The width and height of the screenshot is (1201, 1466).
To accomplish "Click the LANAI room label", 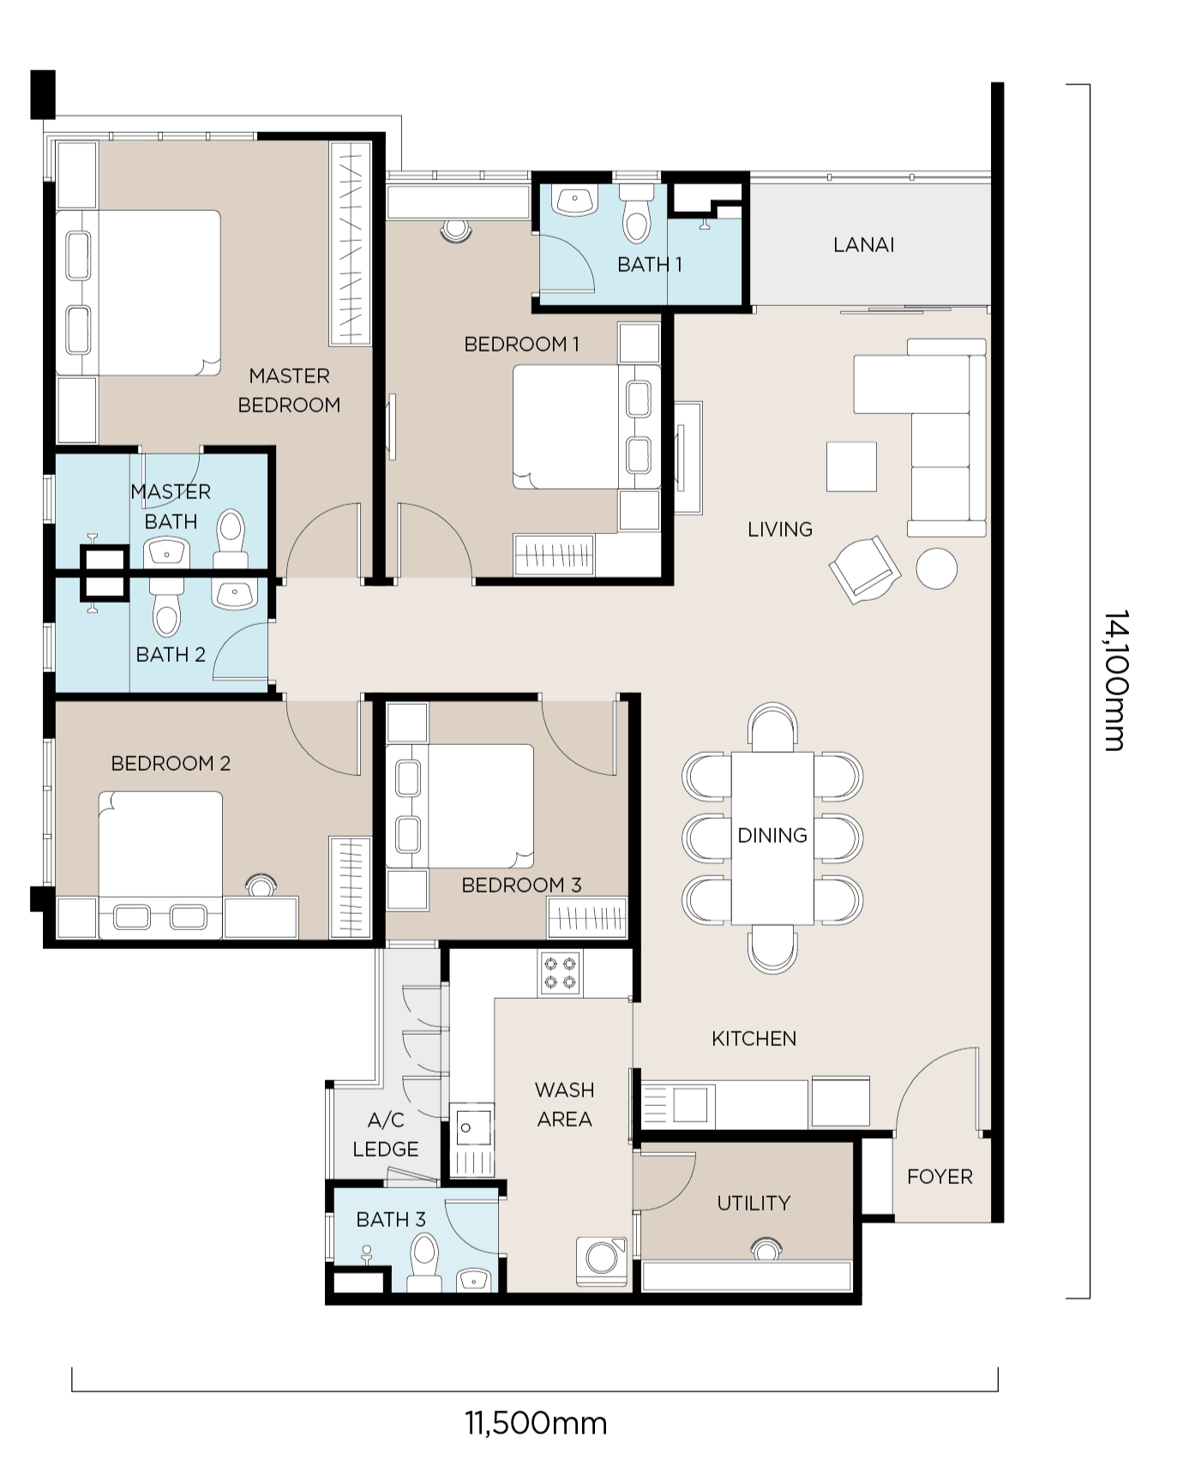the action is [863, 245].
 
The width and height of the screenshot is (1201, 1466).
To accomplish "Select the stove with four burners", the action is [560, 973].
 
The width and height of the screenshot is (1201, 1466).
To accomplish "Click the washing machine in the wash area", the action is [601, 1260].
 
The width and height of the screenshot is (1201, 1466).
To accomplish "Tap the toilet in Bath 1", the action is [636, 214].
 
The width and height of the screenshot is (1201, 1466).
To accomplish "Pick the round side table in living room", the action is [936, 568].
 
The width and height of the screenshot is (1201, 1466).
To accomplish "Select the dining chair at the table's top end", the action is [772, 727].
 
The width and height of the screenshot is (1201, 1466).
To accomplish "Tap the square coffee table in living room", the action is [851, 466].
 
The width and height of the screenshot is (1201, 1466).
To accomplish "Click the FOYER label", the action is [940, 1176].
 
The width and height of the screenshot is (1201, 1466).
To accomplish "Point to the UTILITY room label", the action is [754, 1203].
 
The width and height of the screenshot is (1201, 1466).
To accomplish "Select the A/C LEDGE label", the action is [386, 1134].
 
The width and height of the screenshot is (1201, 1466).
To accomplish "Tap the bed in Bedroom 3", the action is [459, 806].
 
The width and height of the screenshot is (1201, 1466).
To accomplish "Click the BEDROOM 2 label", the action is [171, 763].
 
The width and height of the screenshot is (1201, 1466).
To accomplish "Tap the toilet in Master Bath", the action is [231, 538].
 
